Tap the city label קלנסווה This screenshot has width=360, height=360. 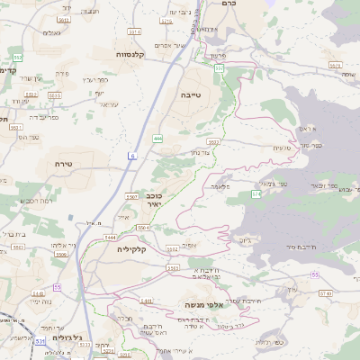click(x=132, y=54)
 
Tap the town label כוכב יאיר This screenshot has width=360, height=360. click(x=155, y=200)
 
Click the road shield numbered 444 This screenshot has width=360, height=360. click(x=157, y=138)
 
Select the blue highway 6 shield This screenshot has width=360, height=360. click(x=131, y=156)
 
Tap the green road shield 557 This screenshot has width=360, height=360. click(x=219, y=67)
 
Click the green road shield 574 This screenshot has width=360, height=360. click(x=256, y=193)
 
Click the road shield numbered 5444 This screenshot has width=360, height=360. click(x=135, y=236)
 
